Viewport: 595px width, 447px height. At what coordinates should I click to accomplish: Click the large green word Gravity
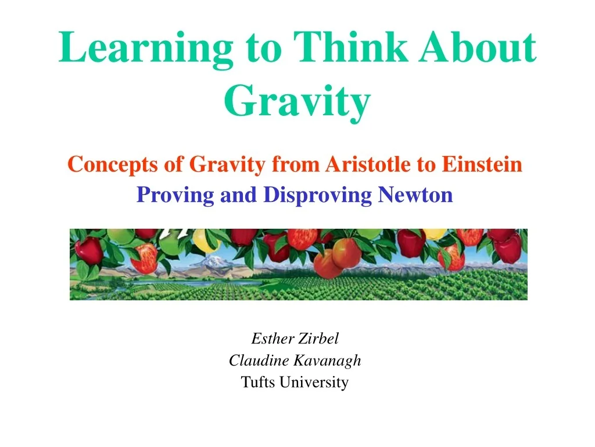point(297,101)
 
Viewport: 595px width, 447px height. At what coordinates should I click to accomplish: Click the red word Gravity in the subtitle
point(227,165)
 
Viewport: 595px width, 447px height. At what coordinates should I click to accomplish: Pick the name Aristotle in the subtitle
point(368,164)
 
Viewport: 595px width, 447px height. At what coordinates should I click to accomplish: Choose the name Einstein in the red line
point(482,164)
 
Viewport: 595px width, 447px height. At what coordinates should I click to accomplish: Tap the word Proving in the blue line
point(175,196)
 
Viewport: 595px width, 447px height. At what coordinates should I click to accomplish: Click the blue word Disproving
point(317,196)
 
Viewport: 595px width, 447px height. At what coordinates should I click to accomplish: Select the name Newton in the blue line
point(415,194)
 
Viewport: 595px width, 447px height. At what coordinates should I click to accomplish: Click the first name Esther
point(273,338)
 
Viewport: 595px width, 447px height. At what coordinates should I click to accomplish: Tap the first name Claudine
point(259,360)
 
